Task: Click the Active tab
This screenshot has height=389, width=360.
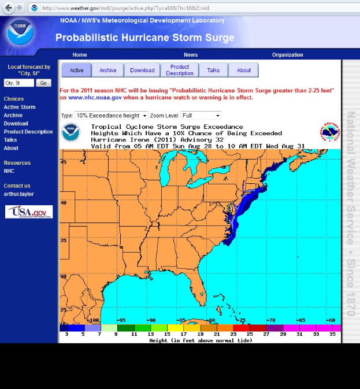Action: (76, 71)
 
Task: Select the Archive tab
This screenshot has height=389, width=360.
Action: (107, 71)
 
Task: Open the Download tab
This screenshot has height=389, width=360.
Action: (142, 71)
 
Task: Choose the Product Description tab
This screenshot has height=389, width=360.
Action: (180, 71)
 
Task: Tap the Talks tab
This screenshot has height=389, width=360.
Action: (213, 71)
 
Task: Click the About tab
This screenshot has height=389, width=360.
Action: (244, 71)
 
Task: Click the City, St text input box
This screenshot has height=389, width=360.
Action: (19, 83)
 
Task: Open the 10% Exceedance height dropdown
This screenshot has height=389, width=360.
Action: (112, 116)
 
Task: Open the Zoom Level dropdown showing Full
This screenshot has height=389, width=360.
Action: (201, 116)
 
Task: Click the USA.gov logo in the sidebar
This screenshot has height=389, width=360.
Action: (29, 212)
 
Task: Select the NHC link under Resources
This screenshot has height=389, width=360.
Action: (9, 171)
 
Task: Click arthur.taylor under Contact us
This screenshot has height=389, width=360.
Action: (19, 194)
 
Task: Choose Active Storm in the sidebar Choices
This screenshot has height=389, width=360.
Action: (20, 107)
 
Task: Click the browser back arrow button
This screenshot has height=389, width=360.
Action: (8, 8)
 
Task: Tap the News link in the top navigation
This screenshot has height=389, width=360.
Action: (191, 55)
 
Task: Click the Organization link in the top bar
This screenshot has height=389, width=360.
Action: (287, 55)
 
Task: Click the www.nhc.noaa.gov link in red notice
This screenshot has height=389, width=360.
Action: (95, 98)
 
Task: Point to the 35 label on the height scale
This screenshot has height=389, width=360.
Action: (332, 334)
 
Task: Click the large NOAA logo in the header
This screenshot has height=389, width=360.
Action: (21, 32)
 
